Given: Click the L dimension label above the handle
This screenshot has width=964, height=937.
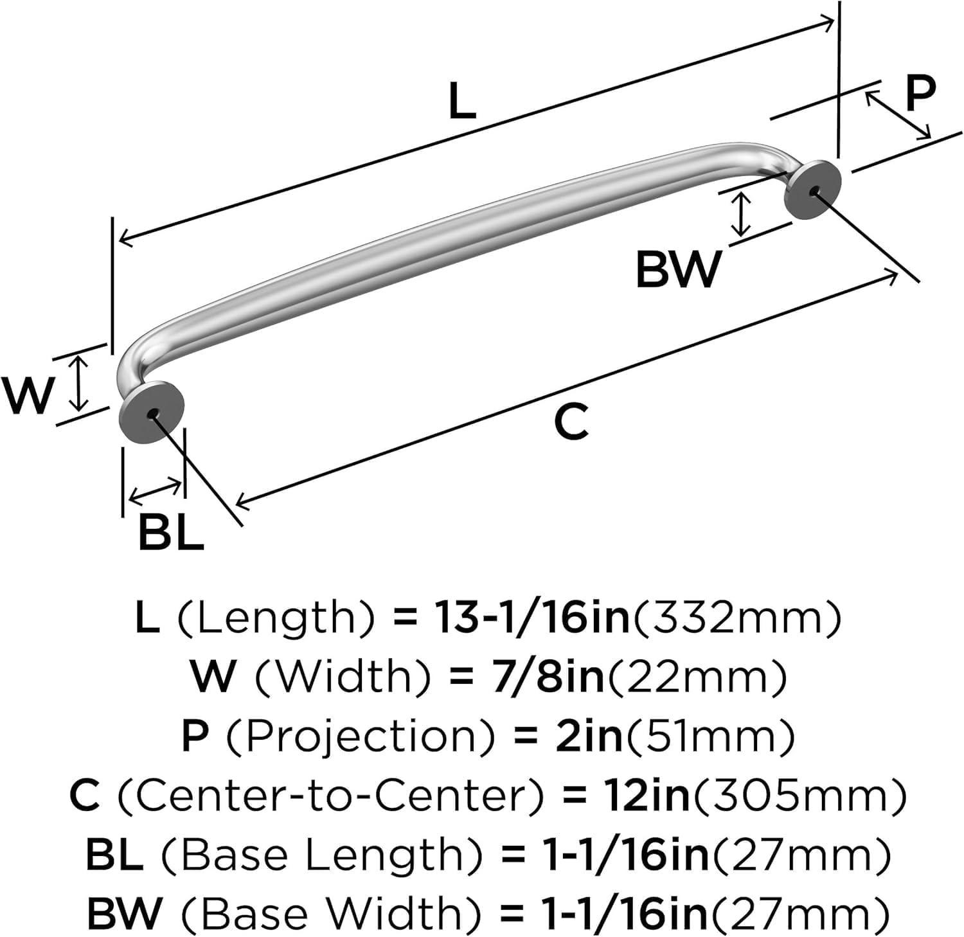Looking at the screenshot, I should [x=461, y=102].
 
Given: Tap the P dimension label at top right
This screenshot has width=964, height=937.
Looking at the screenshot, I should [x=920, y=94].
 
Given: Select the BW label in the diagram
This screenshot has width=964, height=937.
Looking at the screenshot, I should [x=677, y=270].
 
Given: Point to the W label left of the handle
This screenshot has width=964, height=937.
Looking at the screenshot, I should [x=27, y=396].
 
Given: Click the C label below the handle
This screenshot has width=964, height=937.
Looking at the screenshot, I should [x=571, y=422].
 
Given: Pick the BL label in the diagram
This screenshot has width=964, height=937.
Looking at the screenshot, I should [x=170, y=533].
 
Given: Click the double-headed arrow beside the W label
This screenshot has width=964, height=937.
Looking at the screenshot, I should [x=78, y=384].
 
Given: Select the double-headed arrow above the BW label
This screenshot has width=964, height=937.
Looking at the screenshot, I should [x=742, y=215].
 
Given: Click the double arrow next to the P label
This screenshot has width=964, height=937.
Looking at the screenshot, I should [x=898, y=115].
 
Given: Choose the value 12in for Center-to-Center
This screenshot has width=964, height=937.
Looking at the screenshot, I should [x=645, y=796].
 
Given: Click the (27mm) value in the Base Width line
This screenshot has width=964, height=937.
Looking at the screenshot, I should [x=799, y=913].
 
